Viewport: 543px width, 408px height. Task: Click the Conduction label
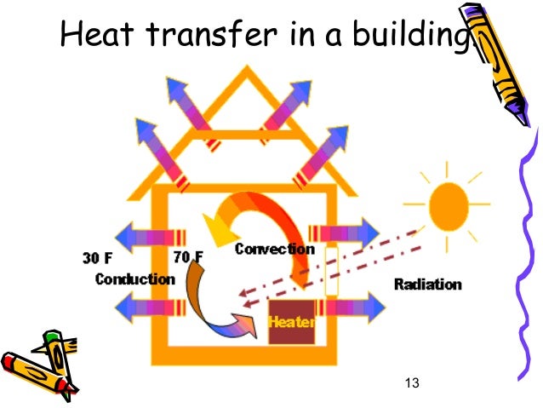click(x=134, y=279)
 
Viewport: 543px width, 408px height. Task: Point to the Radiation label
click(x=427, y=284)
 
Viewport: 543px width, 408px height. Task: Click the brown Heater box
click(x=292, y=322)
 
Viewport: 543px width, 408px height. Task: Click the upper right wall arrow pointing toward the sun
click(x=346, y=231)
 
